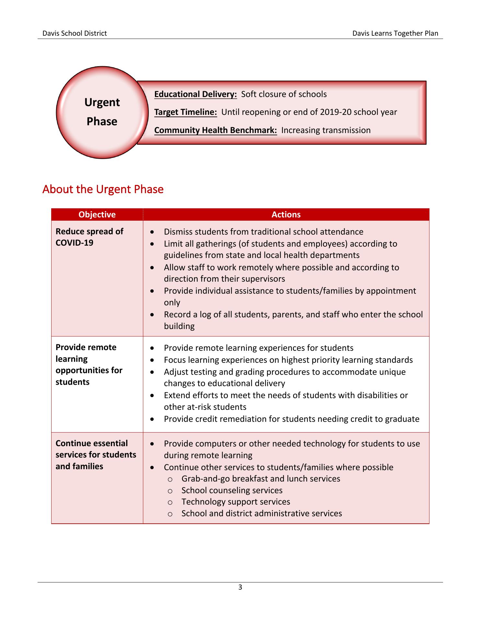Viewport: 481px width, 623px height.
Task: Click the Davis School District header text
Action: tap(75, 33)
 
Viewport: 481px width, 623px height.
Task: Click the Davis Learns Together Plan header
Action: tap(395, 33)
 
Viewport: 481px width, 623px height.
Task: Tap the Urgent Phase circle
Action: tap(102, 112)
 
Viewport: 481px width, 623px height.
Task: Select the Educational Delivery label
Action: tap(195, 94)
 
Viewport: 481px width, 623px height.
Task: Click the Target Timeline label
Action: tap(185, 112)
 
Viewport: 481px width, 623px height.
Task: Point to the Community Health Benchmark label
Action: tap(216, 130)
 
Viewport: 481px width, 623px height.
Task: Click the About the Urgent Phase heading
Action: tap(103, 189)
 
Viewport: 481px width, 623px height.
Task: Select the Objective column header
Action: tap(97, 214)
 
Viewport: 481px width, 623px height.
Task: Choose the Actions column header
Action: tap(286, 214)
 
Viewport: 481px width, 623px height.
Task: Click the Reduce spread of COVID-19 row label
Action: tap(89, 237)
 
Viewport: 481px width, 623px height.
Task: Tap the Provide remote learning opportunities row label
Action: tap(89, 364)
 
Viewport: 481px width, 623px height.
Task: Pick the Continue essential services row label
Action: tap(96, 455)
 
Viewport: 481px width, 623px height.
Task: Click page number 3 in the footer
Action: tap(240, 587)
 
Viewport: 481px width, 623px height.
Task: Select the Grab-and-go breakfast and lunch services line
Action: tap(261, 479)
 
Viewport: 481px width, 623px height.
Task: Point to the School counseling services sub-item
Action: tap(232, 490)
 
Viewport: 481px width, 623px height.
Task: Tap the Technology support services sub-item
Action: tap(236, 502)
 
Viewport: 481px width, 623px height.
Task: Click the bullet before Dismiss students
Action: tap(152, 232)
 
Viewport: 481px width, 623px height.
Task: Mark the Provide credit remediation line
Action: tap(291, 419)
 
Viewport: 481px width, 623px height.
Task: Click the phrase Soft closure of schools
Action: tap(284, 94)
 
